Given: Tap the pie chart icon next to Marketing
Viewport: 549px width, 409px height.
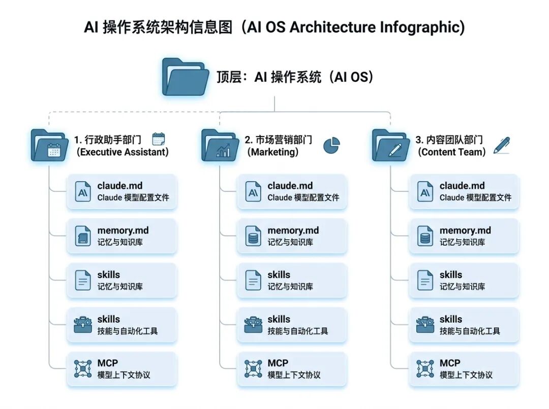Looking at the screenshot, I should pos(332,145).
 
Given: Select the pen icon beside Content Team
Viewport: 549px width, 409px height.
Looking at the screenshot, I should pos(501,145).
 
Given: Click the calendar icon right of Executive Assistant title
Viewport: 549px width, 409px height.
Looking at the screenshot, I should pos(159,140).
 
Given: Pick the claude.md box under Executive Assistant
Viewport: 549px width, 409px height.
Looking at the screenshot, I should pos(121,191).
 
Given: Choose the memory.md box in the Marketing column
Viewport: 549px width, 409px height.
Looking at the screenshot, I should pos(292,236).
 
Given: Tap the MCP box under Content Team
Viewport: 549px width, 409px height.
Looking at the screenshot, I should pos(464,369).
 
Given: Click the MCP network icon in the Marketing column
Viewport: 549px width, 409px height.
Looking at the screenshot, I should pos(253,369).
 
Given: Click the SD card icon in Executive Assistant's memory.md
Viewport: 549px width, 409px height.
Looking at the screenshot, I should pos(82,236).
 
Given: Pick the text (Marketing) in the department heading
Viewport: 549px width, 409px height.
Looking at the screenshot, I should pos(273,152).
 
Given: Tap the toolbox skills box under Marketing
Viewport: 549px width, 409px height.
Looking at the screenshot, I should pos(292,325).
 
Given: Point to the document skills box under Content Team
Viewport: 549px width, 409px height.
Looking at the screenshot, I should pos(464,280).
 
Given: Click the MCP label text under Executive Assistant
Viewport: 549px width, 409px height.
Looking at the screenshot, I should pos(107,363).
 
